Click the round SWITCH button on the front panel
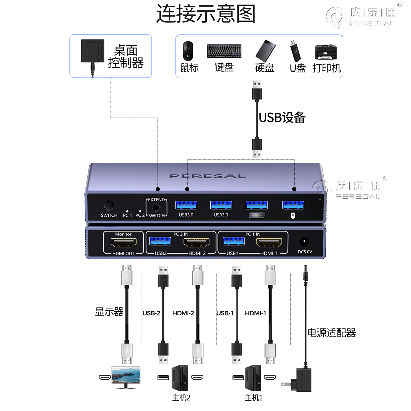coord(109,205)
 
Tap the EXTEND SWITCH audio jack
coord(156,207)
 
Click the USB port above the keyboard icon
coord(257,205)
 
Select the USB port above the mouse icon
coord(293,205)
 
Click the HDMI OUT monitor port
coord(123,243)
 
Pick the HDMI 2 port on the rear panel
coord(196,243)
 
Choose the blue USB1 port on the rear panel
coord(233,241)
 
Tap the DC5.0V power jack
coord(304,241)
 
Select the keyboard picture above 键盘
coord(224,51)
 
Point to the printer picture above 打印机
coord(326,52)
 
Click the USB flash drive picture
coord(295,51)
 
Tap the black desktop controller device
coord(92,51)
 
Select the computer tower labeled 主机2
coord(180,378)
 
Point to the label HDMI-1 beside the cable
coord(255,313)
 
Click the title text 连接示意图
coord(205,14)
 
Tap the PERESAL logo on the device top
coord(208,176)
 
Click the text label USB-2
coord(151,313)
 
